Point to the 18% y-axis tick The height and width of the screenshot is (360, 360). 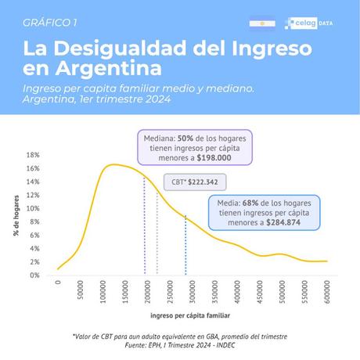[33, 155]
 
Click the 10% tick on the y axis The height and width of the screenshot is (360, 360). [33, 208]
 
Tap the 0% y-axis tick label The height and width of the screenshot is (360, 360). [34, 275]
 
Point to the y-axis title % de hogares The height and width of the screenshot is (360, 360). [15, 216]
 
